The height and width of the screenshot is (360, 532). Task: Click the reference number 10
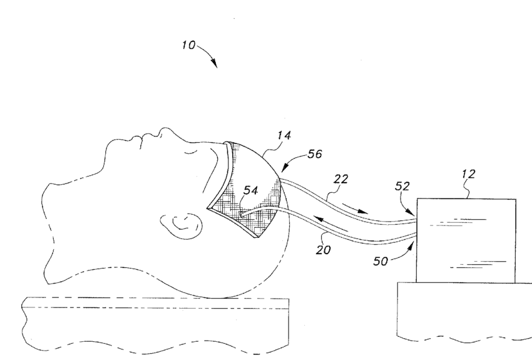188,46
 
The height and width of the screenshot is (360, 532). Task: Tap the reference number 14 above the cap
284,135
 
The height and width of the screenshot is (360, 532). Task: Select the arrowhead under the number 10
214,64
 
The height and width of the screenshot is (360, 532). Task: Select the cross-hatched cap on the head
250,188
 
